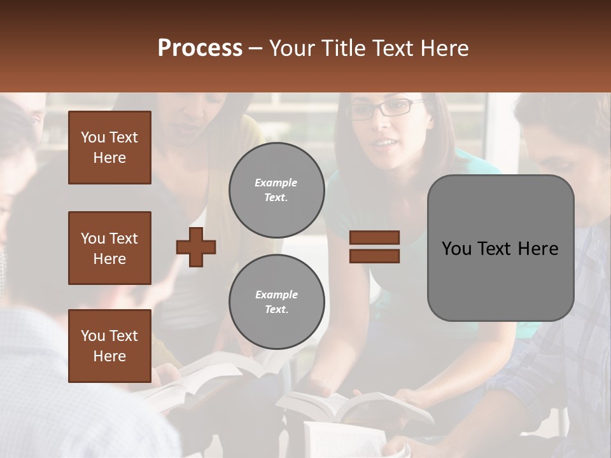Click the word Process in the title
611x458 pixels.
pos(200,48)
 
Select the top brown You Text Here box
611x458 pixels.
pos(109,148)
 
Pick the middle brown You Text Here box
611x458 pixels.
pos(109,248)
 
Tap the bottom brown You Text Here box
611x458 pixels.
pos(109,346)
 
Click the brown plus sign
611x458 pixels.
pos(196,247)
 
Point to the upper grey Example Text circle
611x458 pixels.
pos(276,190)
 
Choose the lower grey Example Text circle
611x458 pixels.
pos(276,302)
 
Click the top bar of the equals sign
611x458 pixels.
pos(374,238)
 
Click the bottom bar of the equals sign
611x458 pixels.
pos(374,256)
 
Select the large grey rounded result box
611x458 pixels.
pos(500,248)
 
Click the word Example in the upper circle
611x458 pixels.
pos(276,183)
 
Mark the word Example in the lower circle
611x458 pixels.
pos(276,295)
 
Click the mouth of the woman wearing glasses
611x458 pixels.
pos(384,143)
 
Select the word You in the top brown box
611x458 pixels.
pos(92,137)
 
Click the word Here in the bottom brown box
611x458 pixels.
pos(109,356)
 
